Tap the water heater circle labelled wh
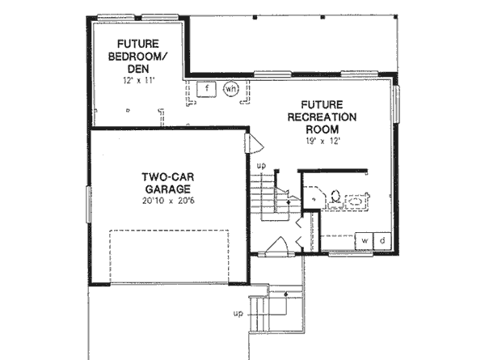(230, 87)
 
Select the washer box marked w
(365, 241)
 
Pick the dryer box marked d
(382, 241)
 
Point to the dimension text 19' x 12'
(323, 141)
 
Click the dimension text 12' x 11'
(139, 81)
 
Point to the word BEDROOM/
(140, 57)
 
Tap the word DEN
(140, 69)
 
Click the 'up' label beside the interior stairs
(261, 166)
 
